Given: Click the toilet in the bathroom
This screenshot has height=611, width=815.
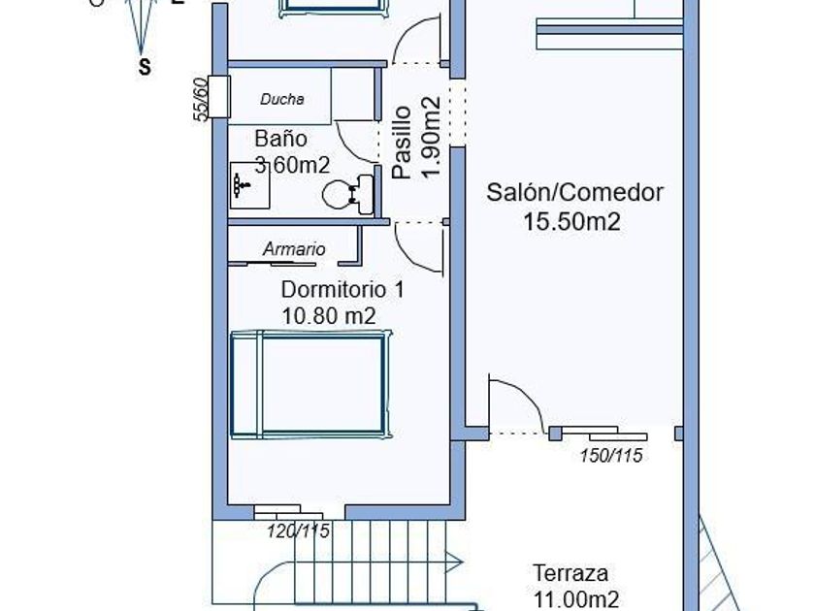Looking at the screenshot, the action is [347, 193].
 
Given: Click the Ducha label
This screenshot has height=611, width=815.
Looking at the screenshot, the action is [282, 99].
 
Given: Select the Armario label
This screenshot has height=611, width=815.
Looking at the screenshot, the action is [294, 249].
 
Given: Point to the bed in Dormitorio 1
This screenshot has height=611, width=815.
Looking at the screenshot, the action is [311, 384].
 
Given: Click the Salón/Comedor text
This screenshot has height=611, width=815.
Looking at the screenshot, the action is [574, 192].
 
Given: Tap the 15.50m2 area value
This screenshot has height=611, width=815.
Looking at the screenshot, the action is [571, 222].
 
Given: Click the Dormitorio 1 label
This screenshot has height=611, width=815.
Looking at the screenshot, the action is [342, 289].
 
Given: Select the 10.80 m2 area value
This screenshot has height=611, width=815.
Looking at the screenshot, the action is [328, 314].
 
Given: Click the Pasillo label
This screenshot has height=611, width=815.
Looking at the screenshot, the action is [402, 142].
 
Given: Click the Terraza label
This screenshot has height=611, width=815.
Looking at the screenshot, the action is [570, 573].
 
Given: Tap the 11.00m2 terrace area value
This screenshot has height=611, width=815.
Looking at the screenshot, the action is [576, 599].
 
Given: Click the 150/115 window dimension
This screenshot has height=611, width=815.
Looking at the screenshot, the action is [611, 456].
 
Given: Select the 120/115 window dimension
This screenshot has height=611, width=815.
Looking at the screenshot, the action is [299, 531].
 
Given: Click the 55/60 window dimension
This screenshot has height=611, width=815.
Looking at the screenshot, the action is [202, 99].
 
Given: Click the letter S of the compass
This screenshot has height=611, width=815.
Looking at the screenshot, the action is [145, 68].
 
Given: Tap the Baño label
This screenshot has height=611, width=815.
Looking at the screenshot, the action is [280, 139].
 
